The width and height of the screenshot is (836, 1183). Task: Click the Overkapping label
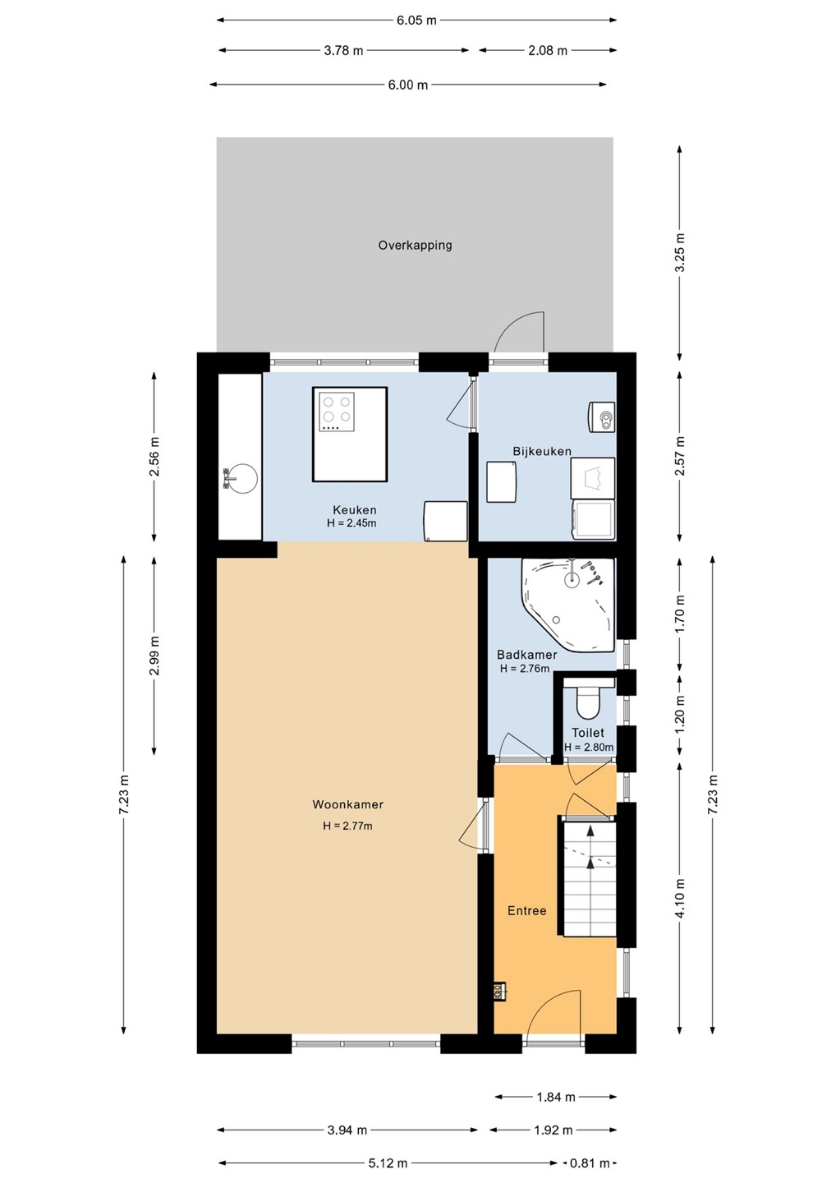(415, 245)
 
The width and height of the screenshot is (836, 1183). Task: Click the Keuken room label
(354, 509)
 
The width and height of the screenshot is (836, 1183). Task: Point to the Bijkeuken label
(542, 451)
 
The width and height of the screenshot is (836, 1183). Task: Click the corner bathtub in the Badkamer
(568, 605)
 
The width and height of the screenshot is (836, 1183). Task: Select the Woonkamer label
(348, 804)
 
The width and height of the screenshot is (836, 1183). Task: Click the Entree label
(526, 910)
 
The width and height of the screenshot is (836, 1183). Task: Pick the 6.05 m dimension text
(416, 21)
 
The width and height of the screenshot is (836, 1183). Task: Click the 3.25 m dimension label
(680, 252)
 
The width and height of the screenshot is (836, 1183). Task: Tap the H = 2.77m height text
(348, 826)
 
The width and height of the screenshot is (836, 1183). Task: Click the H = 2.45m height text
(351, 523)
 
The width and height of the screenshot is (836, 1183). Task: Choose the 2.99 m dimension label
(154, 656)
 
